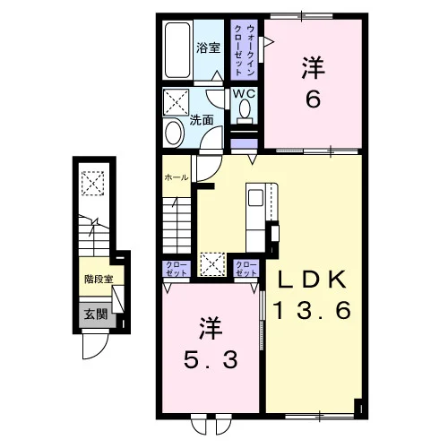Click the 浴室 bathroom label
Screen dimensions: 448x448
coord(208,47)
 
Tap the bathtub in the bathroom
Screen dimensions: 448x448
coord(177,50)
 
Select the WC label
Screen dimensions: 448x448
coord(244,94)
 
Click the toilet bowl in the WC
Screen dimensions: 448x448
coord(245,109)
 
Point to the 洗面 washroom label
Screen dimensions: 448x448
coord(202,120)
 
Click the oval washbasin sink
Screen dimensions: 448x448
coord(174,134)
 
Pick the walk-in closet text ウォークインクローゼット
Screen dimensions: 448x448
coord(245,50)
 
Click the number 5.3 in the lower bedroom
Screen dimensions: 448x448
coord(211,359)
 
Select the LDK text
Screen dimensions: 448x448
coord(313,280)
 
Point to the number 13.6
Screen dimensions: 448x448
coord(313,310)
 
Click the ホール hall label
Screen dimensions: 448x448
coord(177,177)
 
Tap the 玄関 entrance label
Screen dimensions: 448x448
coord(95,314)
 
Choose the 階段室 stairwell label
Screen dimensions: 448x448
coord(99,280)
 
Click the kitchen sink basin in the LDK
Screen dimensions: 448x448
coord(255,198)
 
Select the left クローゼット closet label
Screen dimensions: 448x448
coord(177,269)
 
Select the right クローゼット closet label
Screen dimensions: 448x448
coord(246,269)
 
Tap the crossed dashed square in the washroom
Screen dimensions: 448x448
coord(176,102)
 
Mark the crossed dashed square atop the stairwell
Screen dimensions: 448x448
coord(93,183)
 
